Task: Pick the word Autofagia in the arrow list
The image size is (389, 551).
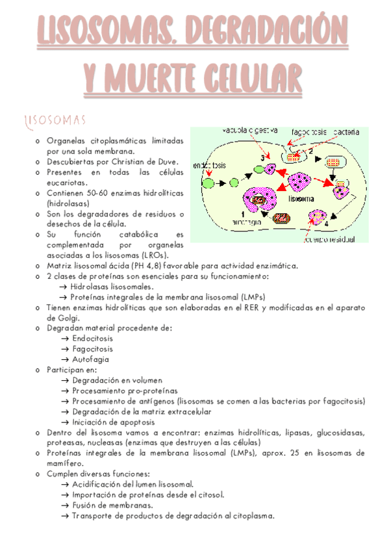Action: [x=91, y=359]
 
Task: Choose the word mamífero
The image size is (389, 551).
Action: [x=65, y=463]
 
